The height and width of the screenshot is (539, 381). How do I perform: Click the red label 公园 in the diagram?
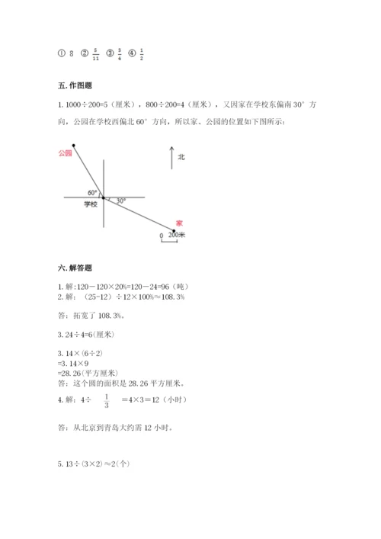[64, 152]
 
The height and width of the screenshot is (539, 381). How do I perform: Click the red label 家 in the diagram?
[178, 223]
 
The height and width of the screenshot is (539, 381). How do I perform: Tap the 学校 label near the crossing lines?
[91, 204]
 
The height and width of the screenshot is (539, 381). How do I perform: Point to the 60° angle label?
[92, 192]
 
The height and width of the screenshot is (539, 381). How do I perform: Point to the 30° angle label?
[120, 201]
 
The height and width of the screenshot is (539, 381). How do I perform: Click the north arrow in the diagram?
[168, 157]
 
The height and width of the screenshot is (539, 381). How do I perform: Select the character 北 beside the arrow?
[181, 157]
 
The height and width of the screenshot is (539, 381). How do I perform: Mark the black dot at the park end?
[73, 144]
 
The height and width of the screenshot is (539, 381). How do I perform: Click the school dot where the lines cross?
[104, 197]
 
